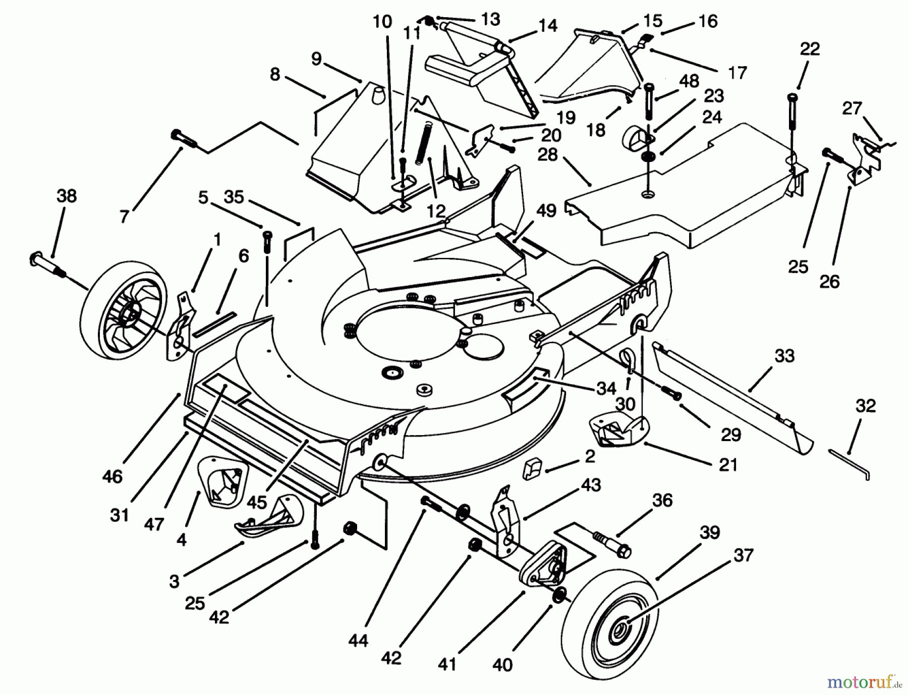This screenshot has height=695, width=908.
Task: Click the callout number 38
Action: pyautogui.click(x=66, y=196)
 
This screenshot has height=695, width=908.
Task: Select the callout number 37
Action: pyautogui.click(x=743, y=555)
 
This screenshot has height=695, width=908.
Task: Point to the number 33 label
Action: pyautogui.click(x=784, y=356)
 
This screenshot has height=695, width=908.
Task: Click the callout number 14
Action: pyautogui.click(x=548, y=25)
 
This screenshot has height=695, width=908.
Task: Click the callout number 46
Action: pyautogui.click(x=112, y=476)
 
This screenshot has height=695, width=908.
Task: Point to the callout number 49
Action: pyautogui.click(x=546, y=210)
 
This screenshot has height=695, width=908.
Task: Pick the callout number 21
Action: pyautogui.click(x=728, y=464)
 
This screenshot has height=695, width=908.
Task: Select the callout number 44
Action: pyautogui.click(x=358, y=640)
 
